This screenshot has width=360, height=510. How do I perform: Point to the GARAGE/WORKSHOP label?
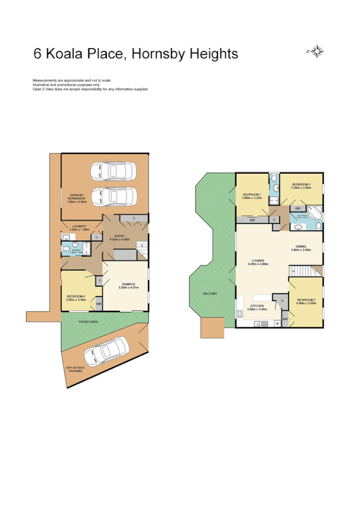coord(76,198)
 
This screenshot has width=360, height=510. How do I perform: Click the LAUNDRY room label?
coord(79,226)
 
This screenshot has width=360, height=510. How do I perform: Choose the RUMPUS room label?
coord(127,284)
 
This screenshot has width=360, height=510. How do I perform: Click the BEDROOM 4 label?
coord(76,296)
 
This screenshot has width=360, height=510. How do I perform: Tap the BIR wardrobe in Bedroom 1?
coord(252,220)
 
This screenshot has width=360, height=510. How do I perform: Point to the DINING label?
coord(302,245)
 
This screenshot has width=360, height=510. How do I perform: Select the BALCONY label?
coord(210,293)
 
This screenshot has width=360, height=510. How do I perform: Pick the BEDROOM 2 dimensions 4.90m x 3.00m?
coord(305,304)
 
